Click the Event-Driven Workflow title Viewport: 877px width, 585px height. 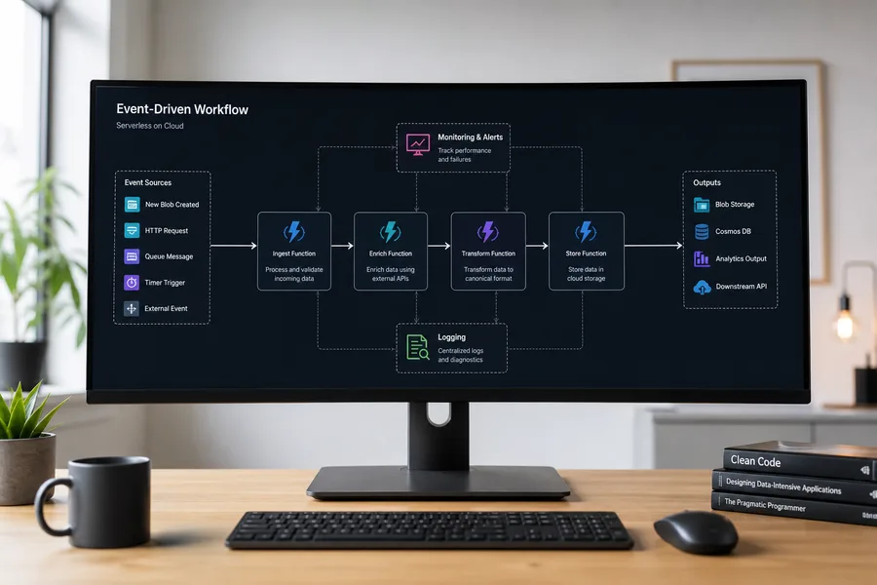pyautogui.click(x=182, y=109)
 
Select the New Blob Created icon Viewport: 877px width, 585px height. pyautogui.click(x=132, y=205)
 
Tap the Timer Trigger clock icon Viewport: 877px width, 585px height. pyautogui.click(x=132, y=282)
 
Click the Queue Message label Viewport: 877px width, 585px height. pyautogui.click(x=169, y=256)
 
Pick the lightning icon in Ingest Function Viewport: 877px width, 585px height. pyautogui.click(x=293, y=231)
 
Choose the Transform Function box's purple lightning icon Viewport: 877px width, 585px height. pyautogui.click(x=488, y=231)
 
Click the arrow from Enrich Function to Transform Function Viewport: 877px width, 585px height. pyautogui.click(x=439, y=245)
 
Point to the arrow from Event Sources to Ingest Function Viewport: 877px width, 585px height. pyautogui.click(x=233, y=245)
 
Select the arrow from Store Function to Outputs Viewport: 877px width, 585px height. pyautogui.click(x=653, y=245)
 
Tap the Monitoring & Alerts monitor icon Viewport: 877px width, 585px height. pyautogui.click(x=418, y=144)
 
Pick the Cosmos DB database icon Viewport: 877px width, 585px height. pyautogui.click(x=702, y=231)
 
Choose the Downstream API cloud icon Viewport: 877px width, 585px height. pyautogui.click(x=702, y=288)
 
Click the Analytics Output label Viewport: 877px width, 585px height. pyautogui.click(x=742, y=258)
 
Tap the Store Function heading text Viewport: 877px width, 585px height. pyautogui.click(x=586, y=253)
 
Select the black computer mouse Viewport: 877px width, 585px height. pyautogui.click(x=696, y=531)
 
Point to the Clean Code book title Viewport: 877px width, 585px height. pyautogui.click(x=755, y=461)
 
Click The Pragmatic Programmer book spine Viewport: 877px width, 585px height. pyautogui.click(x=794, y=508)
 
